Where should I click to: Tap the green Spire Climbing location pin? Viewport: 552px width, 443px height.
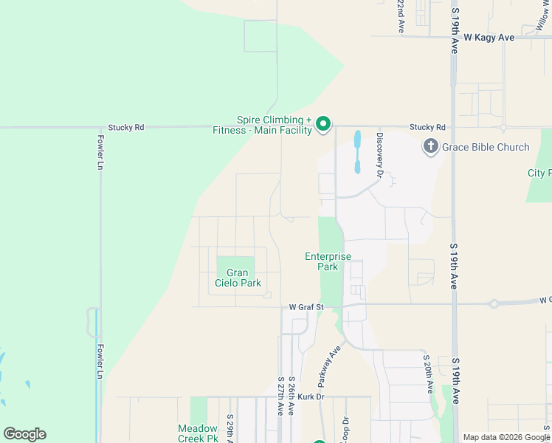(x=323, y=125)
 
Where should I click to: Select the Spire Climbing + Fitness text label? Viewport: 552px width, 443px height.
(x=272, y=125)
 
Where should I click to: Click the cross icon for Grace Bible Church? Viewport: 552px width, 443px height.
(x=431, y=147)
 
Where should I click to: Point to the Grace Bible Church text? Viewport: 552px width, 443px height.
(x=486, y=147)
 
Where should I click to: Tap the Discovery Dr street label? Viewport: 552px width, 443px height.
(x=380, y=154)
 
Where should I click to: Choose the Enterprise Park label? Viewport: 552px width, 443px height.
(x=328, y=261)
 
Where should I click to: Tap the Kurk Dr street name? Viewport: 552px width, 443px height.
(x=311, y=396)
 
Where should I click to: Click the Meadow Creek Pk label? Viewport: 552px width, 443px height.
(x=198, y=433)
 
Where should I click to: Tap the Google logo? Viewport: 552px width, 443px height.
(x=24, y=434)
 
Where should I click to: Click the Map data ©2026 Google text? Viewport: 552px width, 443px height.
(x=506, y=437)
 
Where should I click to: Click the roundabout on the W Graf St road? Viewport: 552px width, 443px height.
(x=494, y=303)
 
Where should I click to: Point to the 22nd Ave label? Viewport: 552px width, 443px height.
(x=401, y=16)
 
